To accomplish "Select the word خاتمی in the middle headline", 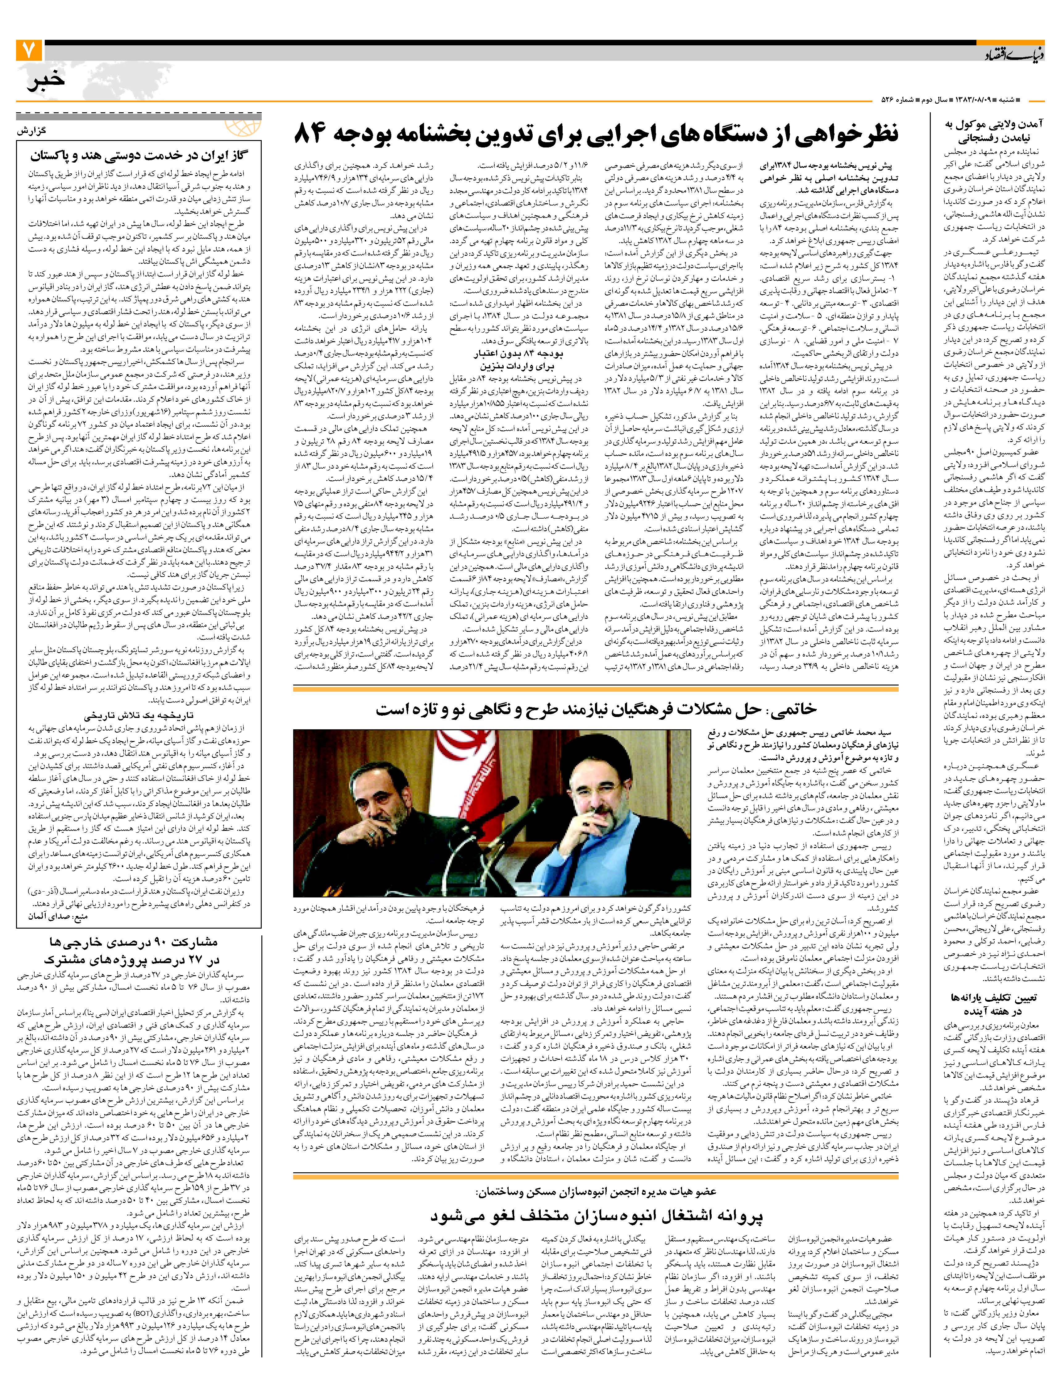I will (x=791, y=710).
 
